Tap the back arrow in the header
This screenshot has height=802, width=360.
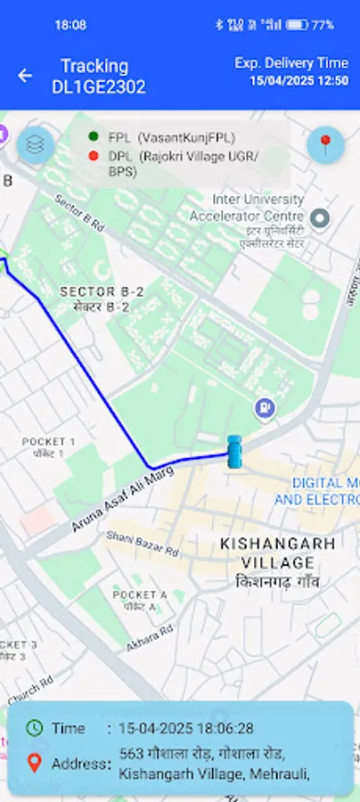[x=25, y=76]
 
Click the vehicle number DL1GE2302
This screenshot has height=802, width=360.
[x=98, y=87]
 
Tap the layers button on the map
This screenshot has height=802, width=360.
[x=35, y=145]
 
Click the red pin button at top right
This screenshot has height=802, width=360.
[x=325, y=144]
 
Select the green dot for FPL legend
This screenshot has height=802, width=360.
[x=94, y=136]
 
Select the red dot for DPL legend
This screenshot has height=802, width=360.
[x=94, y=156]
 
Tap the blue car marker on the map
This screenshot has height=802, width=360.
[x=234, y=452]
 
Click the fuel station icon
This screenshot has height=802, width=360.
[x=265, y=408]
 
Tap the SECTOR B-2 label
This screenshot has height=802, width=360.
[x=102, y=291]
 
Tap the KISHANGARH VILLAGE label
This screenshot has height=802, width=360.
[x=278, y=552]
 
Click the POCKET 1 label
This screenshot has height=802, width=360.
[x=49, y=442]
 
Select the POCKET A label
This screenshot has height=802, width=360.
[x=139, y=594]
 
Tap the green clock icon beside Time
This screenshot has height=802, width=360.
[x=35, y=727]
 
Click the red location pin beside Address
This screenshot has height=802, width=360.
[x=35, y=763]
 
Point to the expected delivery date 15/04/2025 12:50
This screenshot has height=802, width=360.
[x=299, y=80]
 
